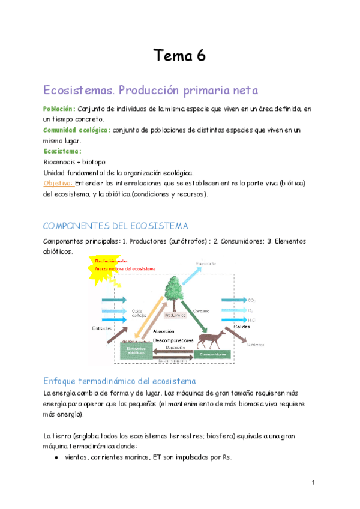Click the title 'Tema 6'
click(x=179, y=56)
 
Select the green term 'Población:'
click(x=59, y=109)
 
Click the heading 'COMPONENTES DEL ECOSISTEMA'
click(x=116, y=226)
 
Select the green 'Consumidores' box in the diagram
click(x=221, y=355)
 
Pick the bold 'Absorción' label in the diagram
click(x=164, y=331)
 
